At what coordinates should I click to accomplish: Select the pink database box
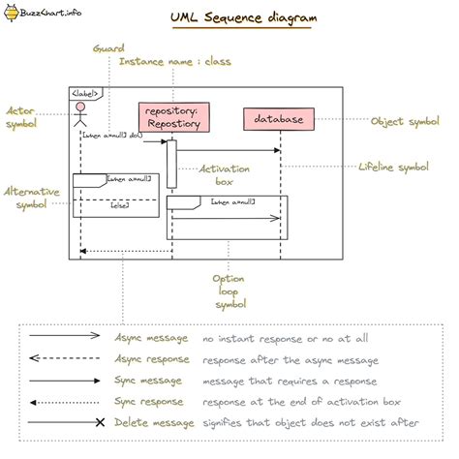tap(279, 119)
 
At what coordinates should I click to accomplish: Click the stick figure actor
tap(81, 117)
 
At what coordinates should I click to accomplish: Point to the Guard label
tap(107, 47)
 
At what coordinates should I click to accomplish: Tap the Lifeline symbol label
tap(393, 168)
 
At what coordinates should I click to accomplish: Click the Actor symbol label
tap(22, 118)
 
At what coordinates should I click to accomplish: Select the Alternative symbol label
tap(30, 199)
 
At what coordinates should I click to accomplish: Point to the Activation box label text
tap(225, 174)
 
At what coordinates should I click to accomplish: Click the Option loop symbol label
tap(229, 291)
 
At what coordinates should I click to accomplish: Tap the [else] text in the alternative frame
tap(120, 205)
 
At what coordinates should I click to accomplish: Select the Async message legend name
tap(148, 339)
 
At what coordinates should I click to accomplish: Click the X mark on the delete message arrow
tap(99, 423)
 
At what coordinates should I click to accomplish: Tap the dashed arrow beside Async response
tap(64, 359)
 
